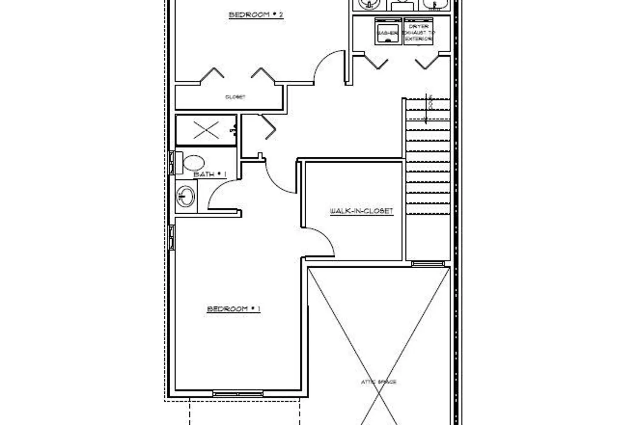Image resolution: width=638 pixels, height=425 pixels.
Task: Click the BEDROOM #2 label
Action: coord(256,15)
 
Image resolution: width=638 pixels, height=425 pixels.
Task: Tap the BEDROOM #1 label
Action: coord(234,309)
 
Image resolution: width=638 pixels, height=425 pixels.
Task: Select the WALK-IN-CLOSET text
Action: coord(362,211)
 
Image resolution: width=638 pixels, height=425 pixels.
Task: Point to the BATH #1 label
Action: coord(210,174)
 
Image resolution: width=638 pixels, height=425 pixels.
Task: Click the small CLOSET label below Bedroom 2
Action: coord(235,97)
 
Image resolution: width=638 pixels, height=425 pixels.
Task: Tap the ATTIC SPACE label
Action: coord(379,382)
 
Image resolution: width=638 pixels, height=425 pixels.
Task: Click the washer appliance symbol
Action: coord(388,31)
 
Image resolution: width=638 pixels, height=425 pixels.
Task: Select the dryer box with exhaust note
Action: coord(419,31)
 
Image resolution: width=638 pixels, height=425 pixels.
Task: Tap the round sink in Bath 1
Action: coord(185,197)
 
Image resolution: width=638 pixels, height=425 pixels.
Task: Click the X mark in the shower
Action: coord(206,130)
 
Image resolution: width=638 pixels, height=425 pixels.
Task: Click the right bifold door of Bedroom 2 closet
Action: coord(264,74)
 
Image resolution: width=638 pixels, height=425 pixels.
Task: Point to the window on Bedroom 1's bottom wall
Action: coord(238,394)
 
